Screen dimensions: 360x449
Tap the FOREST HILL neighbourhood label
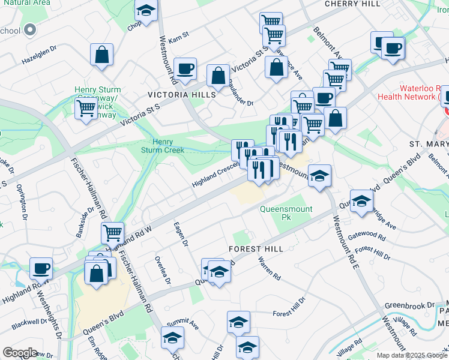coord(255,248)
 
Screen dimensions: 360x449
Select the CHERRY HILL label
coord(352,4)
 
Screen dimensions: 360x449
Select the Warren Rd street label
coord(268,269)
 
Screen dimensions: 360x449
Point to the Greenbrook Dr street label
coord(409,305)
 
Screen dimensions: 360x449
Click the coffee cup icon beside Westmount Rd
coord(185,68)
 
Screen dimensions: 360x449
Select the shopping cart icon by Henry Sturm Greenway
coord(86,109)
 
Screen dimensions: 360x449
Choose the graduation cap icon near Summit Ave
coord(173,339)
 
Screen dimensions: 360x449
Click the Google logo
coord(20,353)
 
